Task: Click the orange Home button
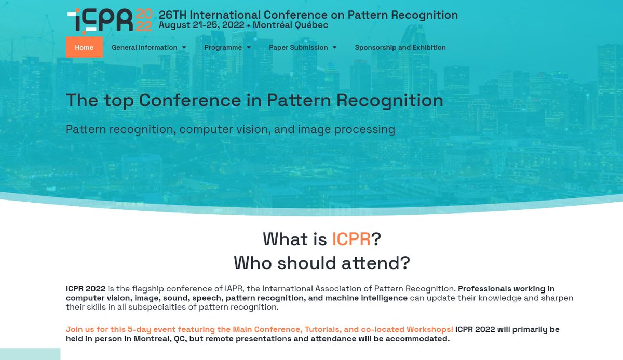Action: [x=84, y=47]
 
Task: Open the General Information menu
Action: [x=144, y=47]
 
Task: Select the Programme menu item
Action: [x=223, y=47]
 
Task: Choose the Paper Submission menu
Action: [x=298, y=47]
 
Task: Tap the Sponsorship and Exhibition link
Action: [x=400, y=47]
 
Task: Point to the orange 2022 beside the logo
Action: [x=143, y=20]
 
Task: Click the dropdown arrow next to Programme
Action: [x=249, y=48]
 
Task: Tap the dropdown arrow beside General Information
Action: [x=184, y=48]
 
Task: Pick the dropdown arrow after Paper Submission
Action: [x=335, y=48]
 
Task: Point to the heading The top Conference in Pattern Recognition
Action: [x=254, y=100]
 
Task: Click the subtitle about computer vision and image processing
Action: [x=231, y=129]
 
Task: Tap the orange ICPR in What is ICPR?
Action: [x=351, y=239]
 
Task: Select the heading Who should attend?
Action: [x=322, y=263]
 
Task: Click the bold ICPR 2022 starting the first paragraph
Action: [x=86, y=289]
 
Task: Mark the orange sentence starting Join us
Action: [x=260, y=330]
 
